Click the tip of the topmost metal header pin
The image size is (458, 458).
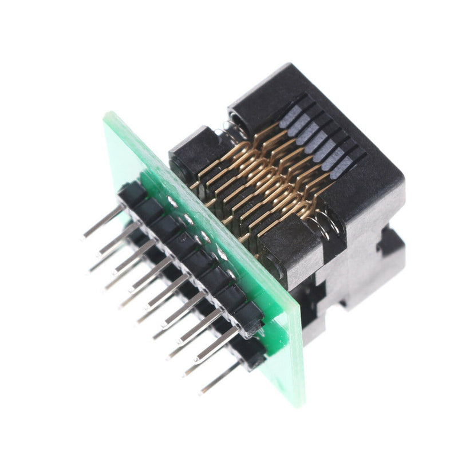85,235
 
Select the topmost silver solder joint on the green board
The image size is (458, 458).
172,201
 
